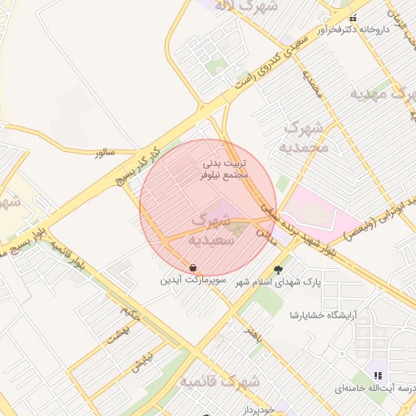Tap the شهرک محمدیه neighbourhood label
click(305, 137)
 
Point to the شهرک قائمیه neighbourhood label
click(220, 381)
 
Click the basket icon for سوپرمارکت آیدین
click(193, 267)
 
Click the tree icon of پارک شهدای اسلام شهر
click(279, 268)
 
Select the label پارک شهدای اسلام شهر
click(279, 281)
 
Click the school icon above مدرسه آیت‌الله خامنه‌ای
click(377, 375)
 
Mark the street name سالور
click(105, 152)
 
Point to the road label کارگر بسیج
click(143, 160)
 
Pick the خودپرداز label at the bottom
click(260, 410)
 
